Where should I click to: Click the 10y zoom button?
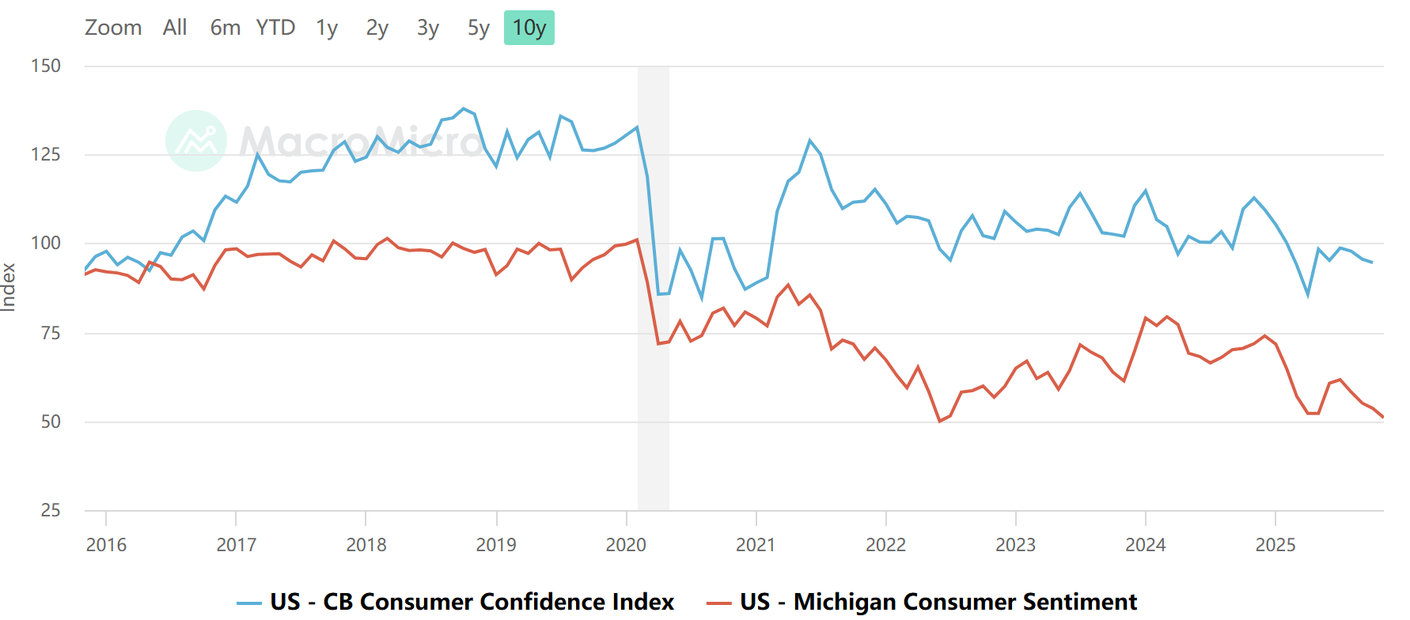coord(529,28)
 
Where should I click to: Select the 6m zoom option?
coord(225,28)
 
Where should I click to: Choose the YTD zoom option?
coord(275,28)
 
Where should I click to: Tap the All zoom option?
coord(175,28)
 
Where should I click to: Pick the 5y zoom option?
coord(478,28)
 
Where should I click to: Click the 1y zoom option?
coord(327,28)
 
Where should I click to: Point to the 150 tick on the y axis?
coord(46,66)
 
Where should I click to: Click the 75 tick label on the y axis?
coord(50,333)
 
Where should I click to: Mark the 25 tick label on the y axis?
coord(50,511)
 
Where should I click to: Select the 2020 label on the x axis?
coord(626,545)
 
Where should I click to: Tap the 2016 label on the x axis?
coord(106,545)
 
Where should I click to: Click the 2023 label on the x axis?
coord(1015,545)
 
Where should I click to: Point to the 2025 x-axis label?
coord(1275,545)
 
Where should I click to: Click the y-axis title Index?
coord(9,287)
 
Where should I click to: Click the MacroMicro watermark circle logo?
coord(196,141)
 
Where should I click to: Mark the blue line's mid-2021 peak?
coord(809,141)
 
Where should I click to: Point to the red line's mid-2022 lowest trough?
coord(939,422)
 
